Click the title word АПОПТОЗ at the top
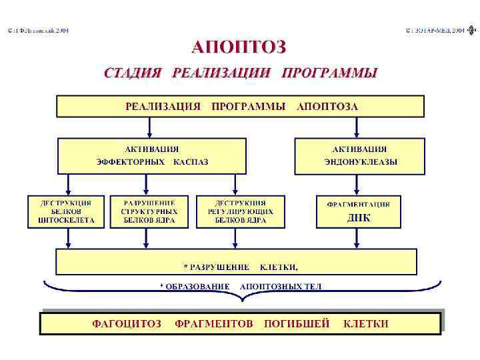(239, 47)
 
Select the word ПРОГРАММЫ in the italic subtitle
(329, 73)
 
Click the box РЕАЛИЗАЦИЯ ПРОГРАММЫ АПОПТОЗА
(240, 107)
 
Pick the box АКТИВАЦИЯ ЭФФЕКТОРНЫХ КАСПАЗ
(152, 156)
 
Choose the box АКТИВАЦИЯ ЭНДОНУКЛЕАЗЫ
(359, 156)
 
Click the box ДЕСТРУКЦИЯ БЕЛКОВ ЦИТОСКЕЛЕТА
(67, 211)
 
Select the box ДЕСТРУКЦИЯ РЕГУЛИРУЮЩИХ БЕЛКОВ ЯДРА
(240, 211)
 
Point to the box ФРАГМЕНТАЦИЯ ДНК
(359, 211)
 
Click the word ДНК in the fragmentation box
(359, 218)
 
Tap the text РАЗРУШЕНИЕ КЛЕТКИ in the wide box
(241, 267)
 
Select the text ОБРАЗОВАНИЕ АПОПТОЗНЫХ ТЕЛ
(241, 287)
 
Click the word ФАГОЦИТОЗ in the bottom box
(126, 324)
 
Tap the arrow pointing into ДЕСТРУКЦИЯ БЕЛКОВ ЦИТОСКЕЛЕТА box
(67, 185)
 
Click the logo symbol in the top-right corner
(471, 31)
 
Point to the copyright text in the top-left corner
(37, 31)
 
